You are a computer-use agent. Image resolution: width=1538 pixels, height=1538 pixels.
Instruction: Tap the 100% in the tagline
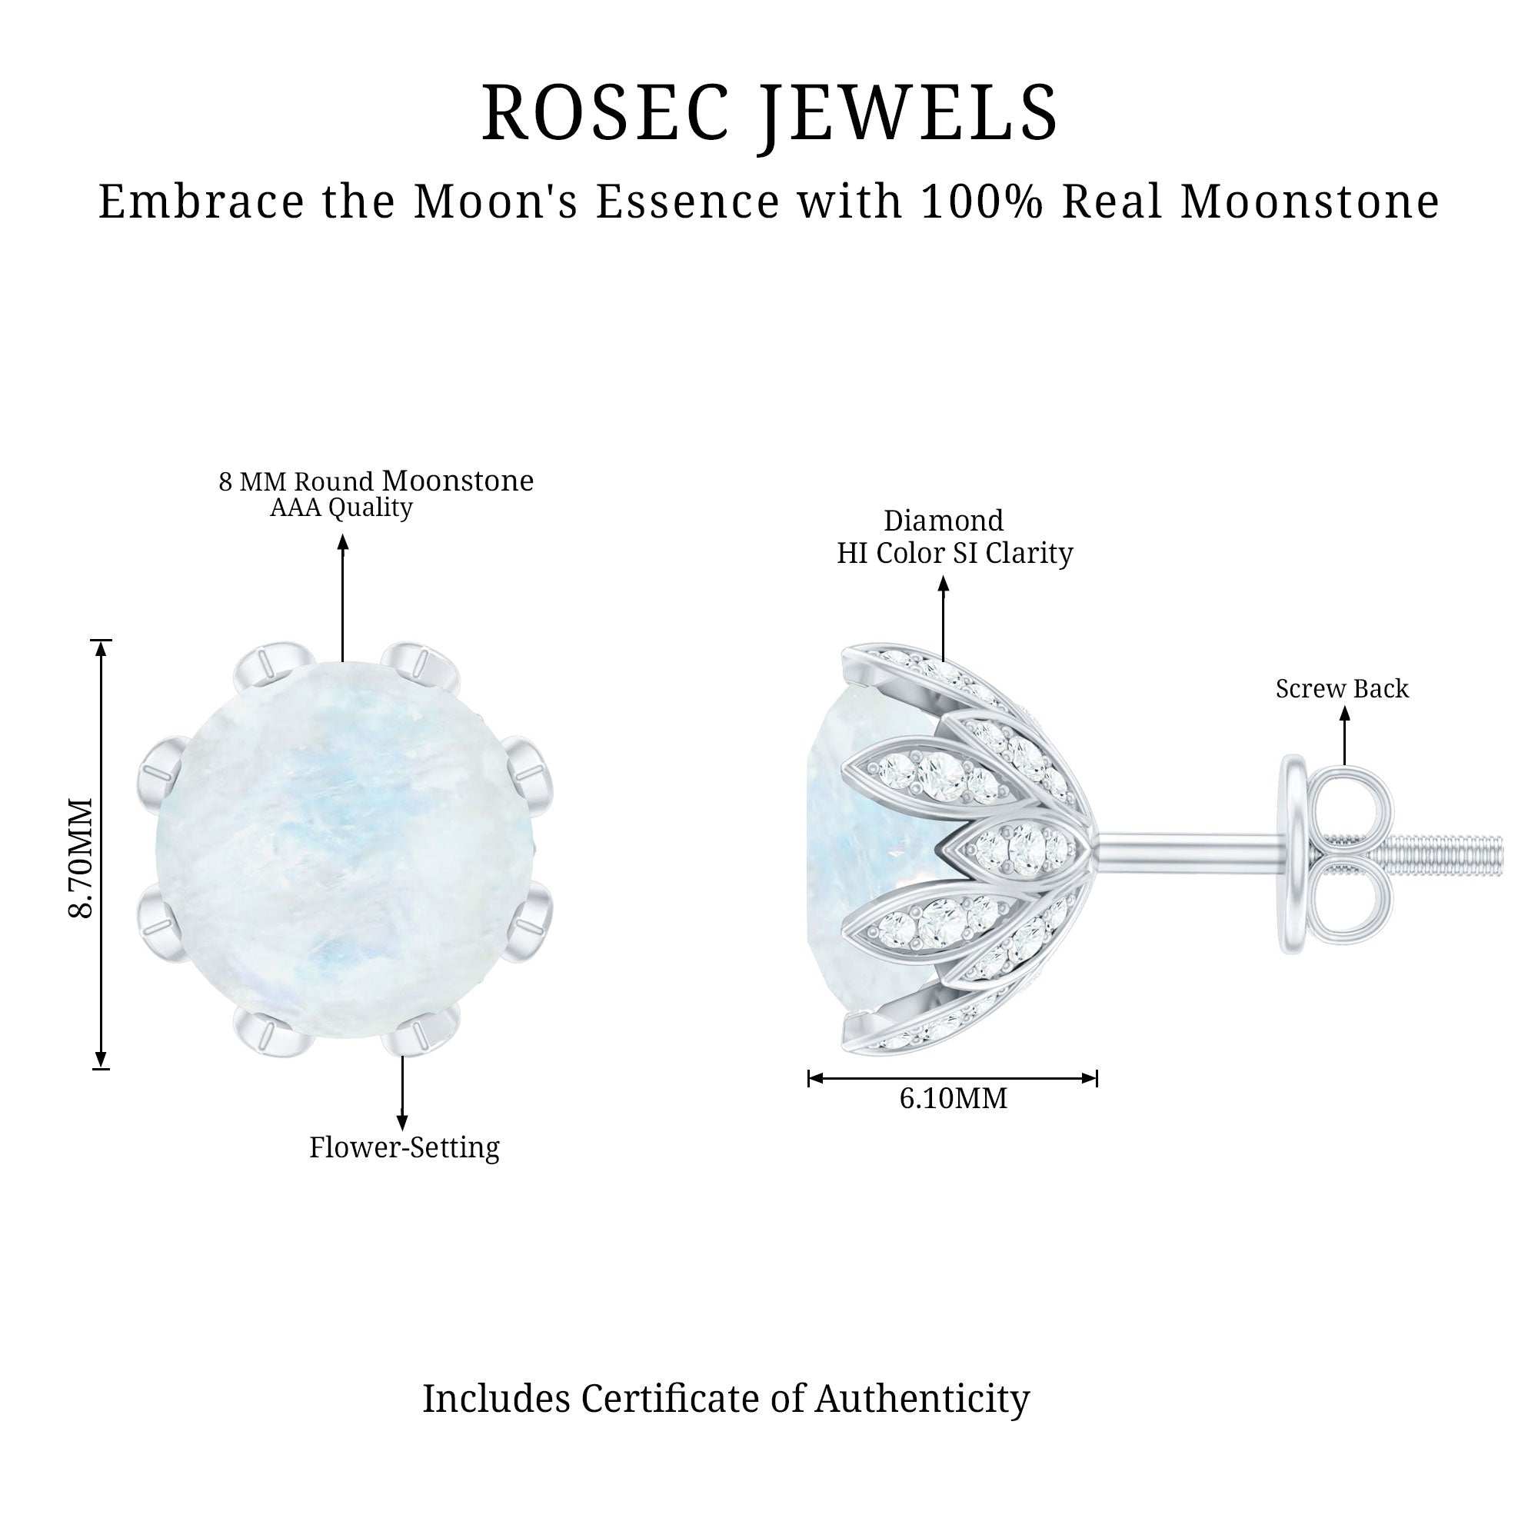[981, 201]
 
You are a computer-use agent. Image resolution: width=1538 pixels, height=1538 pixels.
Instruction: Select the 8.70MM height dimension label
[82, 858]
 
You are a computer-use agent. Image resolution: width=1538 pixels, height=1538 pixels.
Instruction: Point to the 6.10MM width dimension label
[953, 1099]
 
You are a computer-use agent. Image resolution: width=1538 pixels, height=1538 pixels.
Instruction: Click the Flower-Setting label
[404, 1147]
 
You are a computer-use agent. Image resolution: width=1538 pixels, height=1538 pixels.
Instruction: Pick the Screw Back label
[1342, 688]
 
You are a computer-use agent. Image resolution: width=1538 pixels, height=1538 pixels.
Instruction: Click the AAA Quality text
[341, 507]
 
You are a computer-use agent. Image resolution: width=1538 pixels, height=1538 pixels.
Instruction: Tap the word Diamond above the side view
[944, 521]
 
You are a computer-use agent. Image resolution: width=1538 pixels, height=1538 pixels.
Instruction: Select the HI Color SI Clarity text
[954, 553]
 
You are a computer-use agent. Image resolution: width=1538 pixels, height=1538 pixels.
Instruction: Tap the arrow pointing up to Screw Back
[1344, 736]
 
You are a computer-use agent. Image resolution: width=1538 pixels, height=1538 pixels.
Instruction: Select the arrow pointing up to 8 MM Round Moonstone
[343, 597]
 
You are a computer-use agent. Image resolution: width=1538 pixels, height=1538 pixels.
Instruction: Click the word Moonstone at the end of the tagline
[1310, 201]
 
